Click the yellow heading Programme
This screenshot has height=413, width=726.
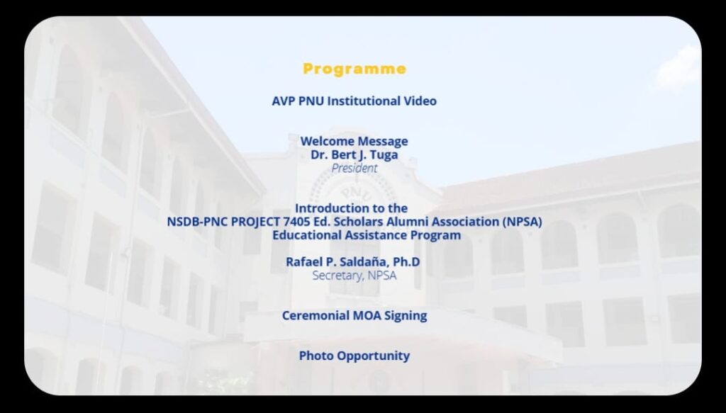(x=354, y=69)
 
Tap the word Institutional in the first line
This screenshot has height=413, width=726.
(x=364, y=101)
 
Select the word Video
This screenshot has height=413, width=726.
(x=420, y=101)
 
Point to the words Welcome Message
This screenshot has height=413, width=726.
(x=354, y=141)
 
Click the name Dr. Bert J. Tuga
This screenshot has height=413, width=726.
(x=354, y=155)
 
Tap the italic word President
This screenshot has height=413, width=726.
(x=354, y=169)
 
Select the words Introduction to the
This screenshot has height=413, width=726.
(x=352, y=208)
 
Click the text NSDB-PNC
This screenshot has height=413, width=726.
(x=197, y=222)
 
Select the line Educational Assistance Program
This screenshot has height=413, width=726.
(x=367, y=235)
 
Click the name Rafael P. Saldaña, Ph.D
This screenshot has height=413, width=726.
(x=353, y=262)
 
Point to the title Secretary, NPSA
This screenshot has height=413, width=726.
(x=354, y=275)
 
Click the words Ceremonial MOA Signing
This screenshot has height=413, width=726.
(x=354, y=315)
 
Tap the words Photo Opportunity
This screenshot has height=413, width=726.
(x=354, y=356)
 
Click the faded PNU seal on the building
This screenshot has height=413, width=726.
(x=354, y=194)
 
